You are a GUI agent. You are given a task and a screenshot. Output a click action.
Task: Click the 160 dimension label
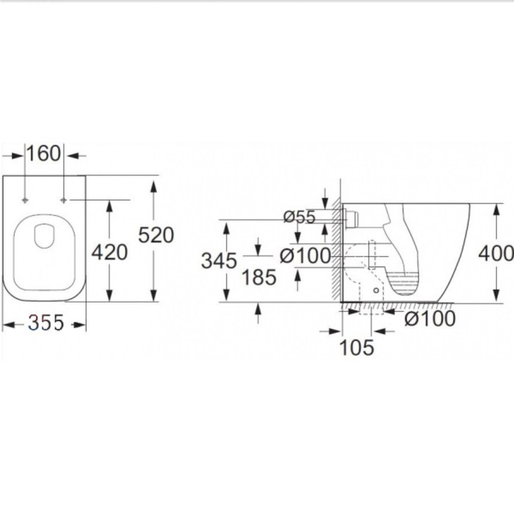pos(44,154)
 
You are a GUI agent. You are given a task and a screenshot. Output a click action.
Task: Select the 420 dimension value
pos(109,252)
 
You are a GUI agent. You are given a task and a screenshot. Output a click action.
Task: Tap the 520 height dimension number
pos(156,235)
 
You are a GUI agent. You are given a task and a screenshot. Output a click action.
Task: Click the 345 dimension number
pos(219,260)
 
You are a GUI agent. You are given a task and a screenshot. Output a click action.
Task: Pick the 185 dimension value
pos(258,277)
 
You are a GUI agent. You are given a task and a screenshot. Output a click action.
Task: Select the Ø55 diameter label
pos(299,216)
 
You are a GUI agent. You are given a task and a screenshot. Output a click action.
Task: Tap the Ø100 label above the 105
pos(430,319)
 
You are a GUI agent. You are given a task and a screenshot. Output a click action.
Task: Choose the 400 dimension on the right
pos(495,253)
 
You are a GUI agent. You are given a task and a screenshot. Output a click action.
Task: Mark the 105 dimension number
pos(357,347)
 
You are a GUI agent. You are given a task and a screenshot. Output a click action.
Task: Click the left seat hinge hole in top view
pos(26,200)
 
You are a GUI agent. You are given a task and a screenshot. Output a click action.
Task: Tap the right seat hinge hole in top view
pos(64,200)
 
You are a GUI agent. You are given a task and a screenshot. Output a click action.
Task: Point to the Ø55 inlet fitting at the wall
pos(350,216)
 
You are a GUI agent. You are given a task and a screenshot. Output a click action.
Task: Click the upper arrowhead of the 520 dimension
pos(153,183)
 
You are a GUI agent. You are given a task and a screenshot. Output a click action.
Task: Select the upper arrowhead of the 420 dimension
pos(109,205)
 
